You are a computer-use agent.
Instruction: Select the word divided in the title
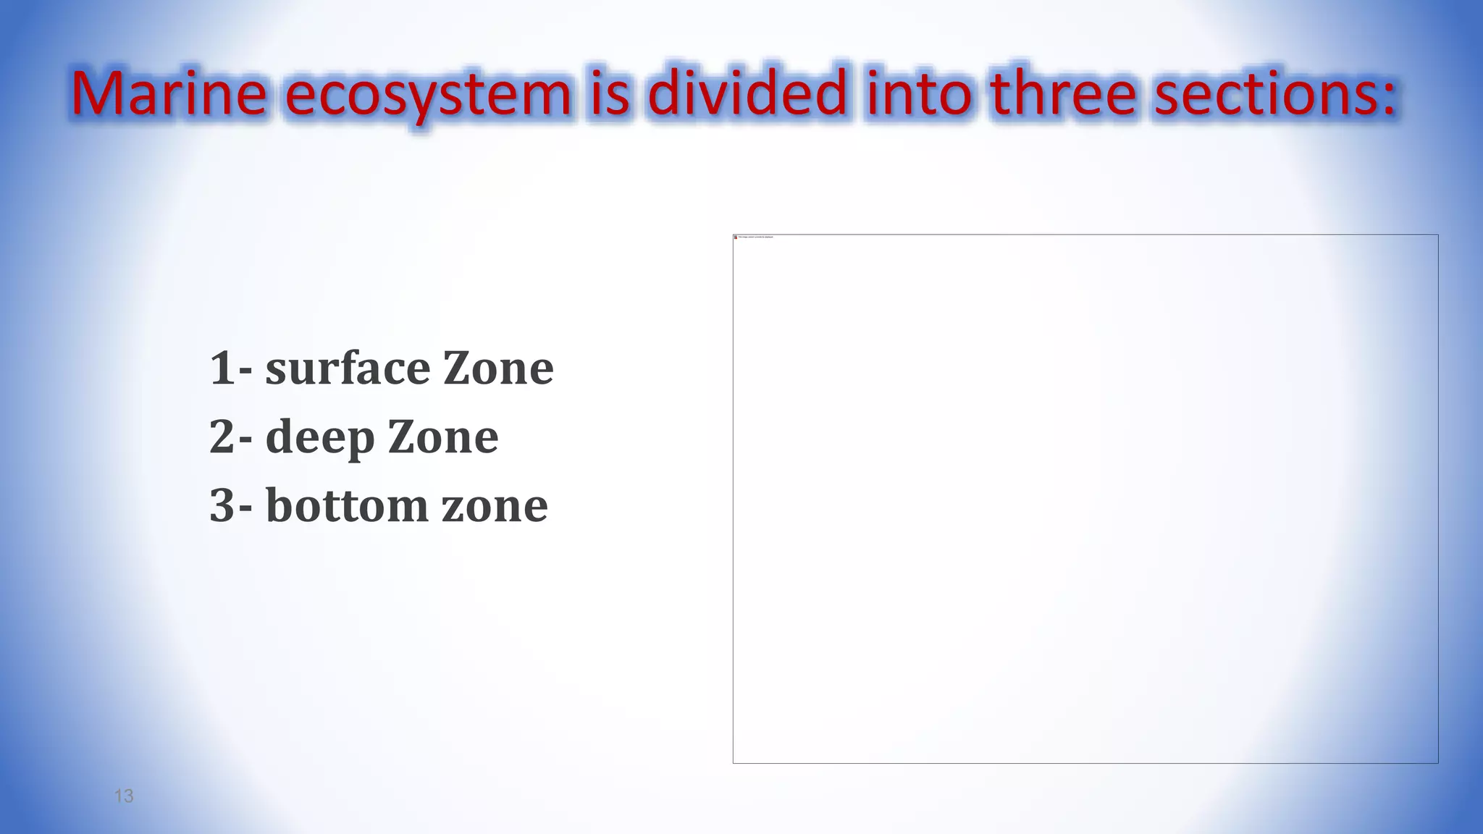pyautogui.click(x=747, y=94)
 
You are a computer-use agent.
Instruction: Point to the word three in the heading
pyautogui.click(x=1063, y=94)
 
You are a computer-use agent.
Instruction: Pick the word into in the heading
pyautogui.click(x=919, y=94)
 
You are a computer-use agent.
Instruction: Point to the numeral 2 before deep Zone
pyautogui.click(x=222, y=437)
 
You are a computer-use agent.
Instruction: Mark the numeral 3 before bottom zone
pyautogui.click(x=222, y=505)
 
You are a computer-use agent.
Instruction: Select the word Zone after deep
pyautogui.click(x=443, y=437)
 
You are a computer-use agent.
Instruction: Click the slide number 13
pyautogui.click(x=124, y=796)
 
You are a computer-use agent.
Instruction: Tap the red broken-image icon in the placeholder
pyautogui.click(x=736, y=237)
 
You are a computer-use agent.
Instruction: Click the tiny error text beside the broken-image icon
pyautogui.click(x=755, y=237)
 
